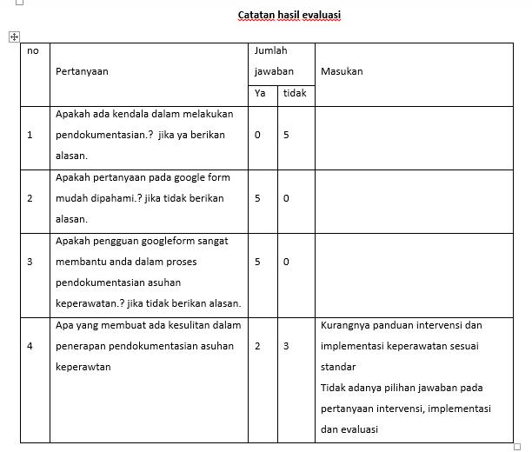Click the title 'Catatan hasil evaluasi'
(289, 15)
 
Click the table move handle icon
(14, 37)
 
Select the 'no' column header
(33, 51)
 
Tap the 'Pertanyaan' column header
(82, 71)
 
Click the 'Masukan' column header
(342, 71)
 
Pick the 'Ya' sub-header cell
(260, 93)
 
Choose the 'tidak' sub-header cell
(295, 93)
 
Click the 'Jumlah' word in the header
(270, 51)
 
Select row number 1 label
(30, 135)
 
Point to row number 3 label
(30, 262)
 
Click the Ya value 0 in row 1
(257, 135)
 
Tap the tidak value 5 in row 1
(286, 135)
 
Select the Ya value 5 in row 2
(257, 198)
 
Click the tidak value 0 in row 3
(286, 262)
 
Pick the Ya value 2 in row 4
(257, 346)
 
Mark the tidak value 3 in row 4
(286, 346)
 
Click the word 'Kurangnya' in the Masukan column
(345, 325)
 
